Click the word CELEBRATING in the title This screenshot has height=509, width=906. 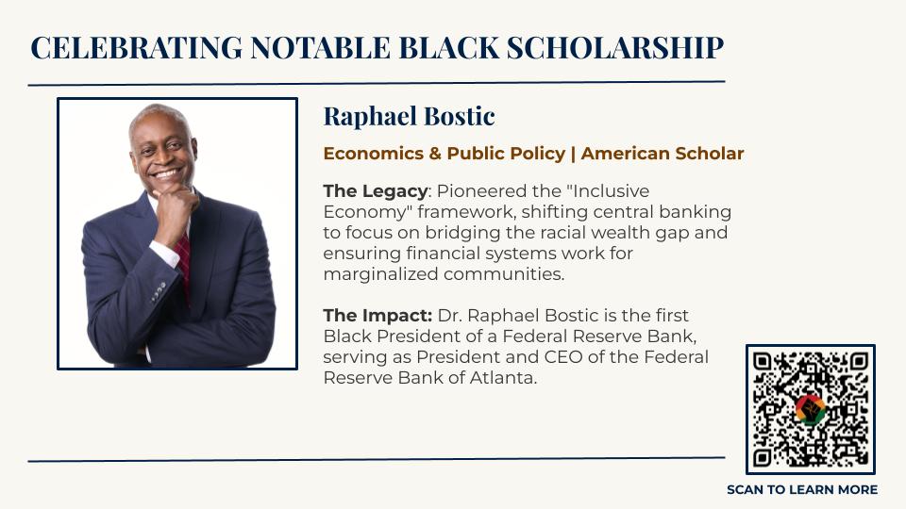pos(136,47)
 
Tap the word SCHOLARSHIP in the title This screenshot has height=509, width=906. pos(615,47)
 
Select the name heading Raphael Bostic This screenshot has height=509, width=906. pos(409,116)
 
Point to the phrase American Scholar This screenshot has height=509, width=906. pos(663,154)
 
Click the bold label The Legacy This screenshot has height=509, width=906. pos(375,191)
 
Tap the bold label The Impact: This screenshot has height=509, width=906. pos(377,316)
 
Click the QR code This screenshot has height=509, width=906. pos(811,409)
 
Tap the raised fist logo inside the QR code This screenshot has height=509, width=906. pos(811,409)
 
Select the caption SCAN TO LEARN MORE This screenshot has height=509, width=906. pos(802,490)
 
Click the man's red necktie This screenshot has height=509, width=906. pos(184,264)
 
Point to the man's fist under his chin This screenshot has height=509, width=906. pos(176,206)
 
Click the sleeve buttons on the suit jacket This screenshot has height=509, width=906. pos(159,292)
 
